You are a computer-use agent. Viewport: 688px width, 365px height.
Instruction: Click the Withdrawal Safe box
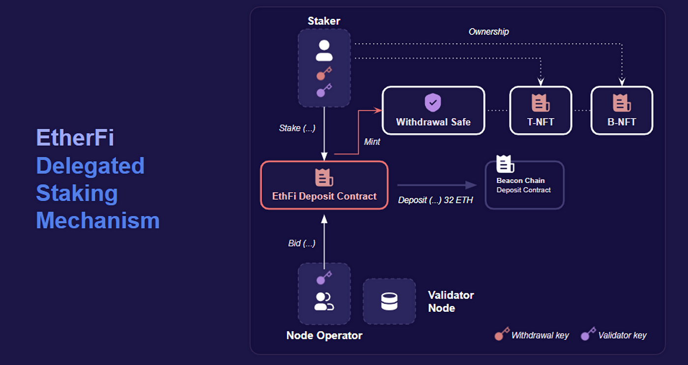pos(433,111)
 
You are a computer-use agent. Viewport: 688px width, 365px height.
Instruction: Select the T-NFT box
pos(541,111)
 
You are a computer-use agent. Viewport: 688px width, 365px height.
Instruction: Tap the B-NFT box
pos(622,111)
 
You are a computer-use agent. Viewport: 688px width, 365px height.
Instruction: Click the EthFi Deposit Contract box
pos(324,185)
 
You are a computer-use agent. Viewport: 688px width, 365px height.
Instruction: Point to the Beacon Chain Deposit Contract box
pos(524,185)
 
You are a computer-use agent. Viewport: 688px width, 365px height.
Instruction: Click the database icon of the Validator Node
pos(389,302)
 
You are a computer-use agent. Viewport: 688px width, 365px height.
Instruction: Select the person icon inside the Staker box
pos(324,51)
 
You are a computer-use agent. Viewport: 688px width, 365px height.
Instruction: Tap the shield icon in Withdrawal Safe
pos(433,103)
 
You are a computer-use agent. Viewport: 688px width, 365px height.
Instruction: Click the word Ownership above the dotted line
pos(488,31)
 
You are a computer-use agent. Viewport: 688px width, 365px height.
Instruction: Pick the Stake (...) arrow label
pos(297,128)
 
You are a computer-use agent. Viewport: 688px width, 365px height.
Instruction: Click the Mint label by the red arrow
pos(372,142)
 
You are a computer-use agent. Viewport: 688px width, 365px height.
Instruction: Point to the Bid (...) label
pos(301,243)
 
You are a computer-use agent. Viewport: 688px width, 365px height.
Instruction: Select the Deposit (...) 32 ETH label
pos(435,200)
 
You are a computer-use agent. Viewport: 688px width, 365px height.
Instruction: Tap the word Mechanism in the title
pos(98,220)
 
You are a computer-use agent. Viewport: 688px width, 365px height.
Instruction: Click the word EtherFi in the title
pos(75,138)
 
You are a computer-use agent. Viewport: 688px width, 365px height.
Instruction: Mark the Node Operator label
pos(324,335)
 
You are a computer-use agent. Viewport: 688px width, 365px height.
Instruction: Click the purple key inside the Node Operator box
pos(324,278)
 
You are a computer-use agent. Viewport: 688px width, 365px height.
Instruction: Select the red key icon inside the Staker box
pos(324,74)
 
